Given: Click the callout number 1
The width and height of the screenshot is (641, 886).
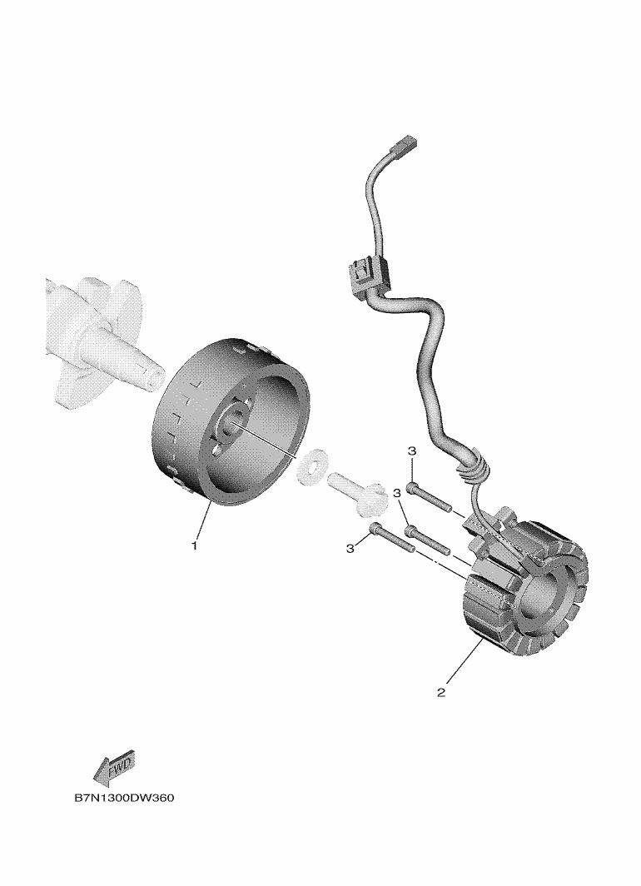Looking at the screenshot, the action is [x=194, y=546].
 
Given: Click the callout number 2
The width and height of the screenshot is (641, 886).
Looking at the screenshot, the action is [x=441, y=692].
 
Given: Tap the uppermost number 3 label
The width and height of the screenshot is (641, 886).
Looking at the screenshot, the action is [x=412, y=451].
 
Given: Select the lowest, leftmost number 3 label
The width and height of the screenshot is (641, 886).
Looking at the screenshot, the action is [x=350, y=548].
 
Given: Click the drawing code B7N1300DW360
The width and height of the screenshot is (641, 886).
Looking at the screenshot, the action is [x=124, y=799].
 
